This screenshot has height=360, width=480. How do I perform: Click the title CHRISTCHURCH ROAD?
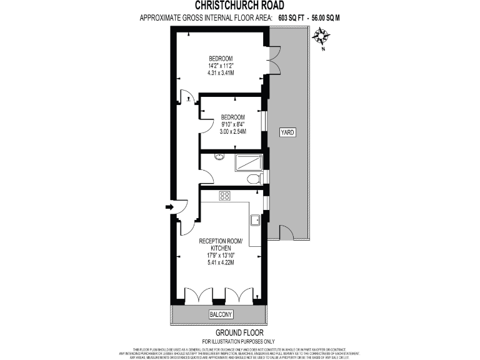(x=239, y=6)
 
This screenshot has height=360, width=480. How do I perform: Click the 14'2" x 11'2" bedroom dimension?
(x=220, y=66)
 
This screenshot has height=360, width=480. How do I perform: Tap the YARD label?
(x=287, y=132)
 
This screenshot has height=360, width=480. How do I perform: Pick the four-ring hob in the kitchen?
(x=225, y=196)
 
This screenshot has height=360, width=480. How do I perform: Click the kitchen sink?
(x=255, y=220)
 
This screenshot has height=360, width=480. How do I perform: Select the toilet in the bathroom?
(x=254, y=179)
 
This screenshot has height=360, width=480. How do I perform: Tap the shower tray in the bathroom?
(x=248, y=162)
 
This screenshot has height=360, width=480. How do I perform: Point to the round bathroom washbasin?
(x=219, y=156)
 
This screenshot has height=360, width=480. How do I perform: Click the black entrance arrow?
(x=169, y=206)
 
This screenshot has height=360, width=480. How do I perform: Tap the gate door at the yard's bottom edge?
(x=286, y=234)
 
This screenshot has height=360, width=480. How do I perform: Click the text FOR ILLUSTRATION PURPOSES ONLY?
(x=239, y=341)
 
